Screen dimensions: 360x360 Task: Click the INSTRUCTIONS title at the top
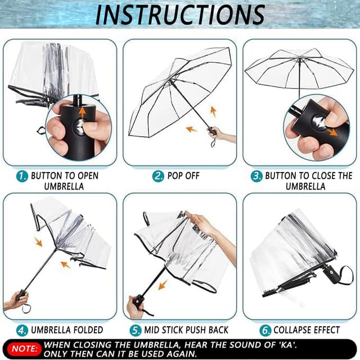click(x=179, y=15)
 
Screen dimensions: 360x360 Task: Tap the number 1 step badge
click(x=22, y=176)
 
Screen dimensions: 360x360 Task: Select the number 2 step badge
click(x=159, y=176)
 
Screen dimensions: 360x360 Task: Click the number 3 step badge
click(x=256, y=176)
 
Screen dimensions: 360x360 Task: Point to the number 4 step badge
click(x=22, y=330)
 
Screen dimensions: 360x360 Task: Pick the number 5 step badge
click(x=136, y=330)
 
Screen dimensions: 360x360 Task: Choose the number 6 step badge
click(x=265, y=330)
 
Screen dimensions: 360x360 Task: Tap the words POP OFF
click(x=184, y=176)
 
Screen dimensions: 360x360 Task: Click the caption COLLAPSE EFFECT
click(x=307, y=330)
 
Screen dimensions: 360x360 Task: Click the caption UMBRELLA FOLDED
click(x=67, y=330)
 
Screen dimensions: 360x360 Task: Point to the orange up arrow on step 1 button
click(x=83, y=112)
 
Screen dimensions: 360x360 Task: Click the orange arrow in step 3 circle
click(x=334, y=132)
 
